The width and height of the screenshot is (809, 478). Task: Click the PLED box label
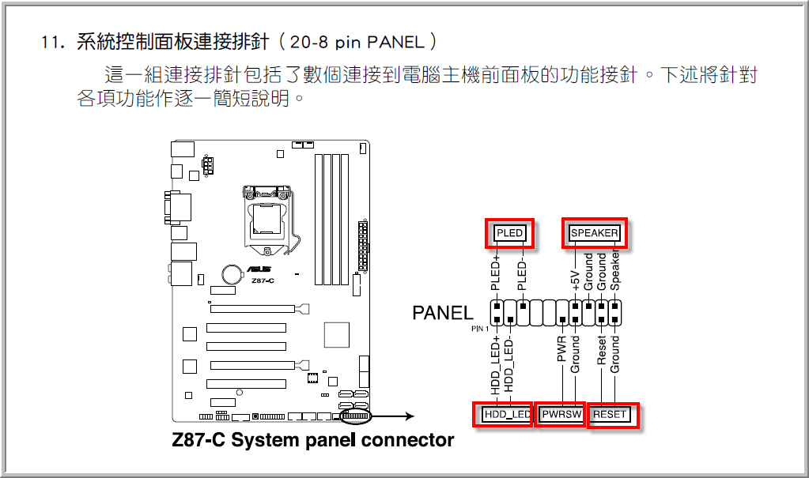509,233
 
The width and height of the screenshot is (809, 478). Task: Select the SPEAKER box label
594,233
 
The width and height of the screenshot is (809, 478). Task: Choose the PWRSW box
561,414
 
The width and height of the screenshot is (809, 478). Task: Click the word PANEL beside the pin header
443,313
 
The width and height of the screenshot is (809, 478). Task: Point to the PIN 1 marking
481,327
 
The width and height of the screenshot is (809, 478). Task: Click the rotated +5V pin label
576,279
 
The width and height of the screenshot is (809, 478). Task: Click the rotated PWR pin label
561,348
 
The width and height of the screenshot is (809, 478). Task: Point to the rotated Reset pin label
602,350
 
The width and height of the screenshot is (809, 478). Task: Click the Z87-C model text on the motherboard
263,280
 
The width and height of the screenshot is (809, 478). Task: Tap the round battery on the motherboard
232,273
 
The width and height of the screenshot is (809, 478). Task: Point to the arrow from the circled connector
399,416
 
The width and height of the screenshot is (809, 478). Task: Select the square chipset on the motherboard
337,333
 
